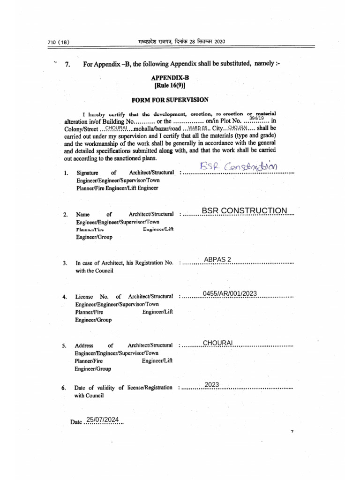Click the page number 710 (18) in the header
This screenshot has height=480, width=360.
[58, 42]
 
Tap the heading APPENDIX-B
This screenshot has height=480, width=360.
[170, 78]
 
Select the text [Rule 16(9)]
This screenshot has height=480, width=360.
[170, 86]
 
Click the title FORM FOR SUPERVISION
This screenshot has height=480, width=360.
[170, 100]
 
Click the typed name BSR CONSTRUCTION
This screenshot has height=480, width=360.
[244, 210]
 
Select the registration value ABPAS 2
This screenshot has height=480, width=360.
[217, 259]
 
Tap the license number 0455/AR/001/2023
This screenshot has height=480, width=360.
[230, 293]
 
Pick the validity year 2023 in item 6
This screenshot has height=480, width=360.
[212, 384]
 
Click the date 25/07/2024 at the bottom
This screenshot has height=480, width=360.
[102, 419]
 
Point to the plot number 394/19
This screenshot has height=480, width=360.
[256, 118]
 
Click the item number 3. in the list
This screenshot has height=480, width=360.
[65, 263]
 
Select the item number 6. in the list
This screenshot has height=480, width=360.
[64, 389]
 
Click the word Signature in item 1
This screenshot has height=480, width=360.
[87, 173]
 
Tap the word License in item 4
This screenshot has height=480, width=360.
[84, 297]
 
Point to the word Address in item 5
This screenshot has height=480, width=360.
[84, 346]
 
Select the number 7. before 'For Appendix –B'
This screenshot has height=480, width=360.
[67, 64]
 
